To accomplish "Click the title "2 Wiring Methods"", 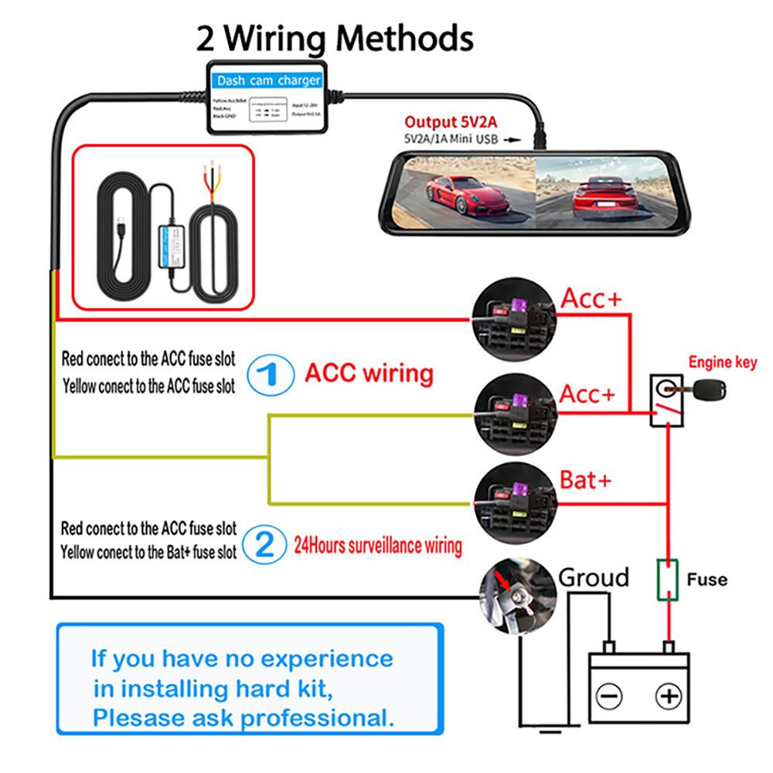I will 335,36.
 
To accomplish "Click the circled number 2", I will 264,545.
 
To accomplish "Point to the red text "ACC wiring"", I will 369,373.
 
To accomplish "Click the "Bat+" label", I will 585,480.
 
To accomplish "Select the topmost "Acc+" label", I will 591,298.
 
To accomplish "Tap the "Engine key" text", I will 723,362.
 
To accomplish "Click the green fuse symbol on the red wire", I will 667,580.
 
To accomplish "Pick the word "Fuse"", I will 706,579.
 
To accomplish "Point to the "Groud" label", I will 594,577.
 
